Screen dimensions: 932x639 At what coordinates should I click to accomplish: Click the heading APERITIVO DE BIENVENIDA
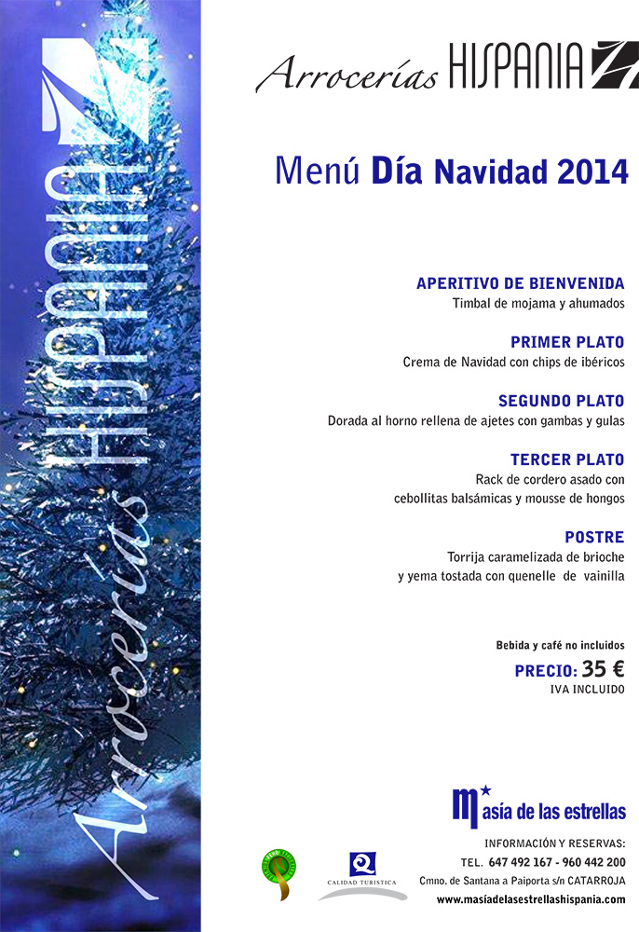coord(520,283)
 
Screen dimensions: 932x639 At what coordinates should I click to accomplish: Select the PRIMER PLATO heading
coord(566,342)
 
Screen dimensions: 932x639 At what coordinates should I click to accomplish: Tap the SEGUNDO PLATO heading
coord(561,401)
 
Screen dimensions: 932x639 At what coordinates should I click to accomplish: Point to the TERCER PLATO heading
coord(566,459)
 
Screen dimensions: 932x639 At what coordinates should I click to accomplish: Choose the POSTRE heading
coord(594,537)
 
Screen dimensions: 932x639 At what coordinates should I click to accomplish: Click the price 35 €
coord(603,668)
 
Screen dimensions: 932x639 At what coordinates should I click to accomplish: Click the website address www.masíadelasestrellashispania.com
coord(531,899)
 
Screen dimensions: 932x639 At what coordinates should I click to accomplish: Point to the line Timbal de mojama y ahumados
coord(537,304)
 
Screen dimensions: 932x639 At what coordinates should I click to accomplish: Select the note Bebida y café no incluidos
coord(560,645)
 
